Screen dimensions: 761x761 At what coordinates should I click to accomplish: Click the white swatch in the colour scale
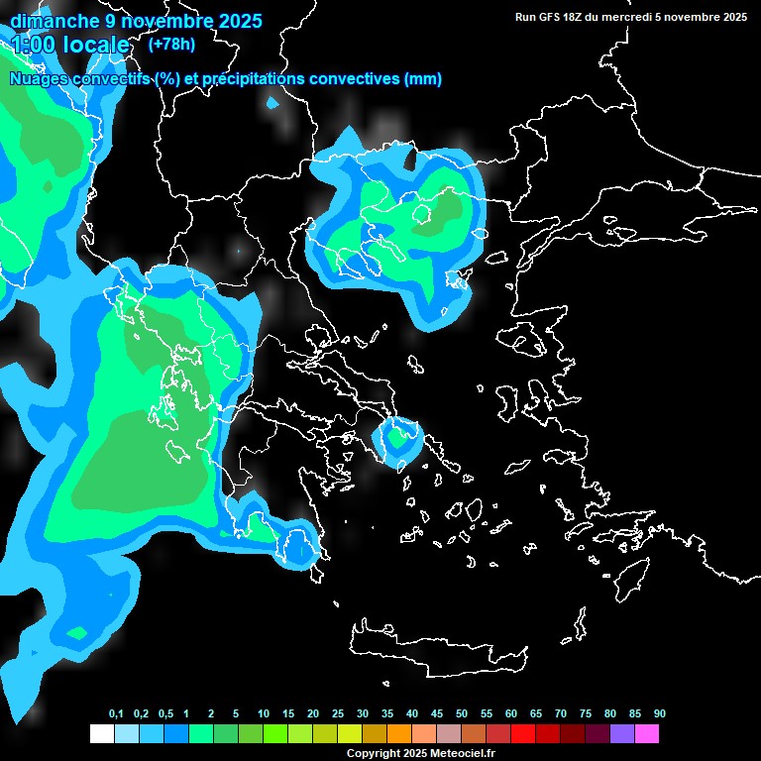pyautogui.click(x=102, y=734)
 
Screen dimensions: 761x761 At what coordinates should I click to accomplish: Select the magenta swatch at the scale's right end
pyautogui.click(x=647, y=734)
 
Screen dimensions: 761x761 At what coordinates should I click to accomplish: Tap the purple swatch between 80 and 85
pyautogui.click(x=622, y=734)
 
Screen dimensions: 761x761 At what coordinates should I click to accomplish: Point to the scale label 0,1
pyautogui.click(x=116, y=714)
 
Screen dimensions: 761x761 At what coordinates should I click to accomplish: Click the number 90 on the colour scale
pyautogui.click(x=660, y=714)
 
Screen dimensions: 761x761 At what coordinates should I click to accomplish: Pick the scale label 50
pyautogui.click(x=462, y=714)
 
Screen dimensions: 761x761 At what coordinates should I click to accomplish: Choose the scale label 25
pyautogui.click(x=338, y=714)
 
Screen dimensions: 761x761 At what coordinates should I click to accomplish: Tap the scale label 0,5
pyautogui.click(x=165, y=714)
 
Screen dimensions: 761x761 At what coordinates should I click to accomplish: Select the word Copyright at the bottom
pyautogui.click(x=373, y=754)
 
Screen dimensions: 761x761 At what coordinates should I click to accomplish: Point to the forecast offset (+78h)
pyautogui.click(x=171, y=44)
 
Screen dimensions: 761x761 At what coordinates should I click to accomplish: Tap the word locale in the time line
pyautogui.click(x=96, y=45)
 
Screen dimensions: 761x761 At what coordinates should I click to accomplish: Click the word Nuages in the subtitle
pyautogui.click(x=38, y=79)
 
